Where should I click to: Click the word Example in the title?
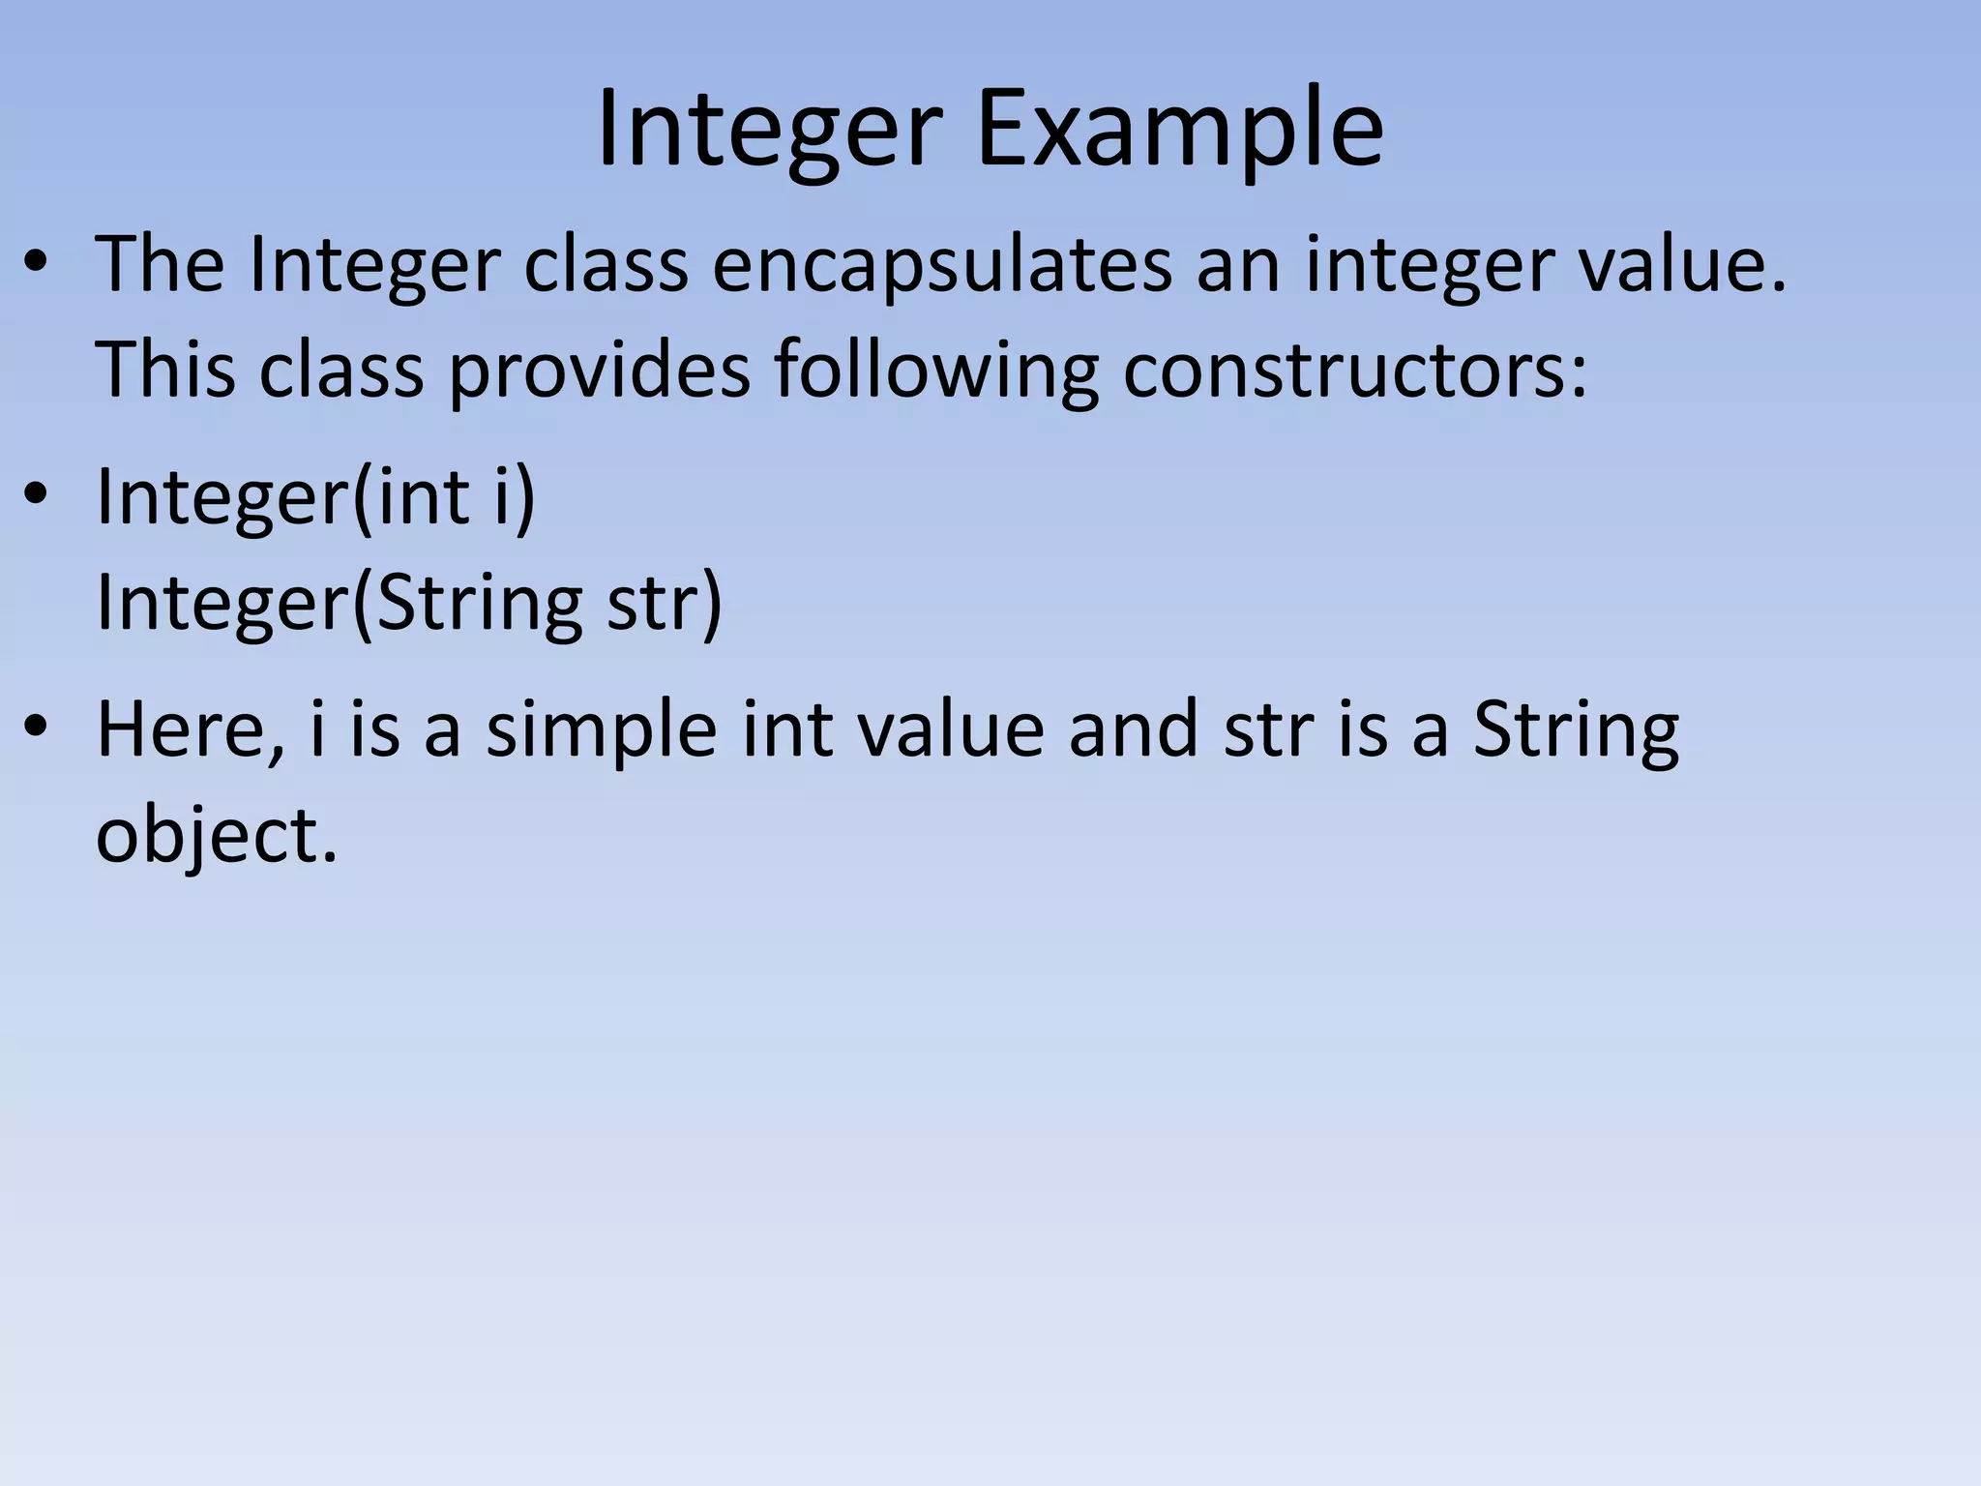click(1180, 131)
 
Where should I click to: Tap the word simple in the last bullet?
click(601, 730)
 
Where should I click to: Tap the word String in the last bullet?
click(1576, 730)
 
